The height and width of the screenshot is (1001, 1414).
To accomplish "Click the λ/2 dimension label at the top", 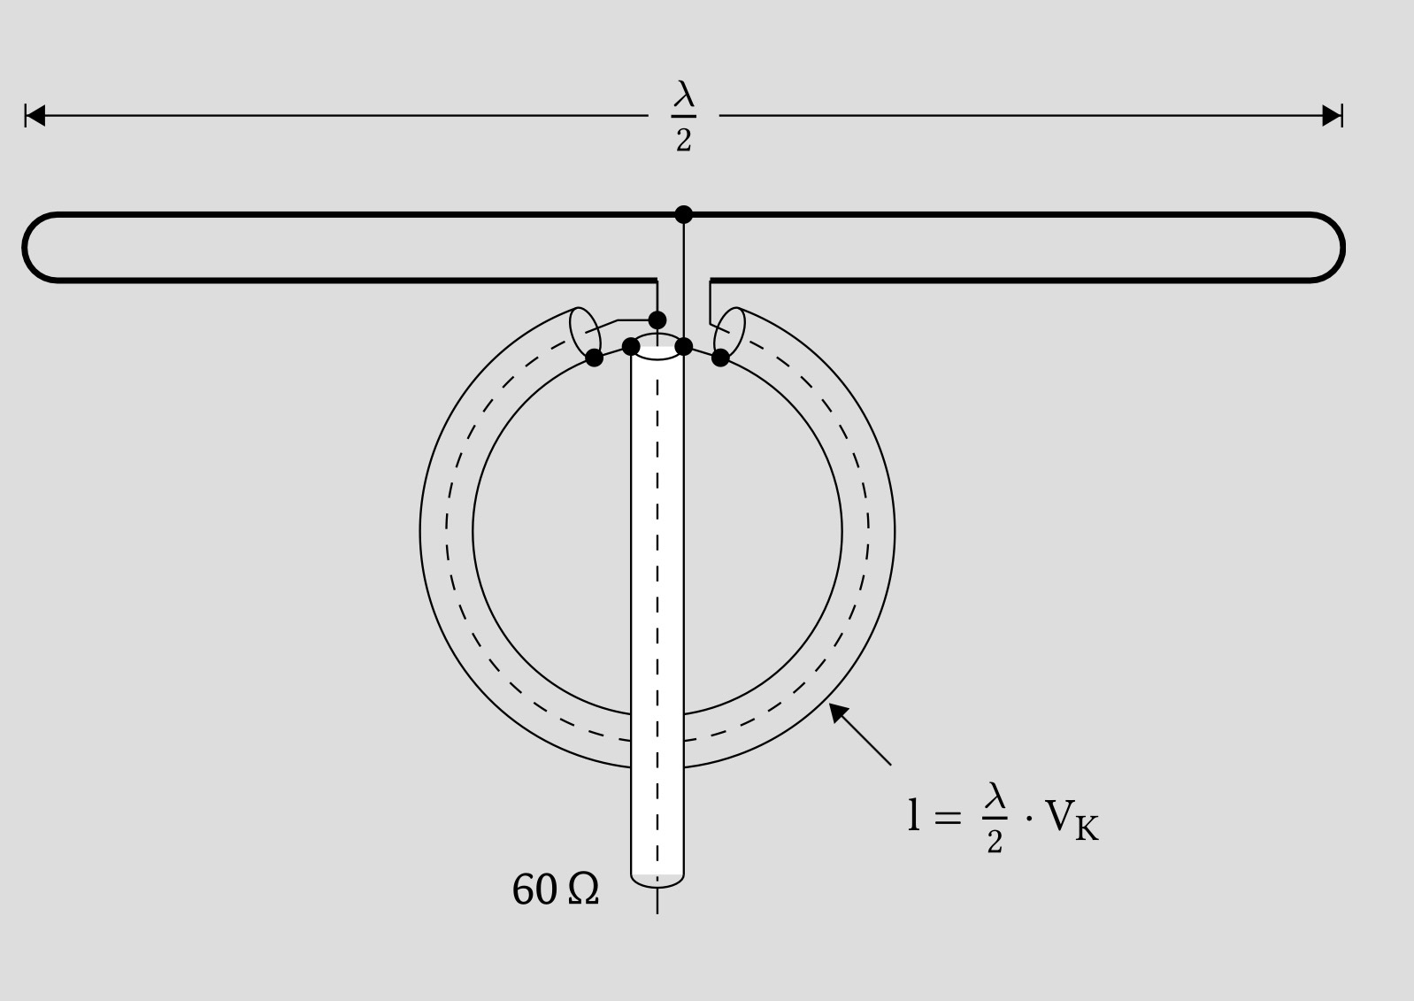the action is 684,116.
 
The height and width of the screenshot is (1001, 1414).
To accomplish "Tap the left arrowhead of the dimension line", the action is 35,116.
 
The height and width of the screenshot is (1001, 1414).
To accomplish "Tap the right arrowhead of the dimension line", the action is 1332,116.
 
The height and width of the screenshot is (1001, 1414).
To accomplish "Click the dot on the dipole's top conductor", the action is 684,215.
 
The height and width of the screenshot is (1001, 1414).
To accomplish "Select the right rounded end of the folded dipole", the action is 1342,248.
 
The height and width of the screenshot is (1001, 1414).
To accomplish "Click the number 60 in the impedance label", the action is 534,890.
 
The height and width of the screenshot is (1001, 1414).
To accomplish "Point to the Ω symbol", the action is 583,890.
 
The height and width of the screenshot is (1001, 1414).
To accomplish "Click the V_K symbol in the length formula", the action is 1072,820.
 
